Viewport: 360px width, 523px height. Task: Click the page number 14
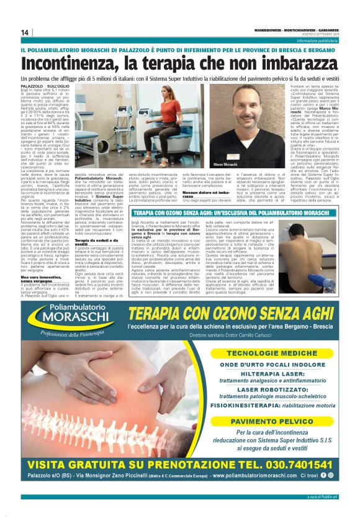pyautogui.click(x=25, y=33)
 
